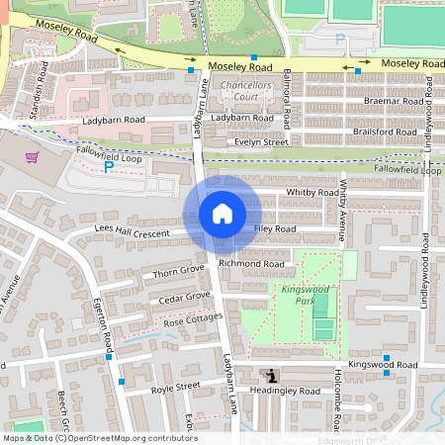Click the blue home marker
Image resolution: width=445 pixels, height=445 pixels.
click(222, 213)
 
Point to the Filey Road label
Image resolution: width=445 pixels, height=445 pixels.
click(275, 228)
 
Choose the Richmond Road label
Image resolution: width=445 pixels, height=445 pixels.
click(252, 264)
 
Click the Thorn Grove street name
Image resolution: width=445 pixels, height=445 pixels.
click(178, 269)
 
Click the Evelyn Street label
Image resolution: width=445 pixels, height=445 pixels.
click(261, 142)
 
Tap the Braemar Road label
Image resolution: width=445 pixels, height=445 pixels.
click(393, 101)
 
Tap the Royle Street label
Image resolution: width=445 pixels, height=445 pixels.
click(175, 387)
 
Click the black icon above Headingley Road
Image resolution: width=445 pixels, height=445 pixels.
click(271, 375)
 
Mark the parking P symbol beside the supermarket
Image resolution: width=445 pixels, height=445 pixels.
click(109, 168)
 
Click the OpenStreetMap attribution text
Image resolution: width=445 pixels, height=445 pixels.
click(99, 438)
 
